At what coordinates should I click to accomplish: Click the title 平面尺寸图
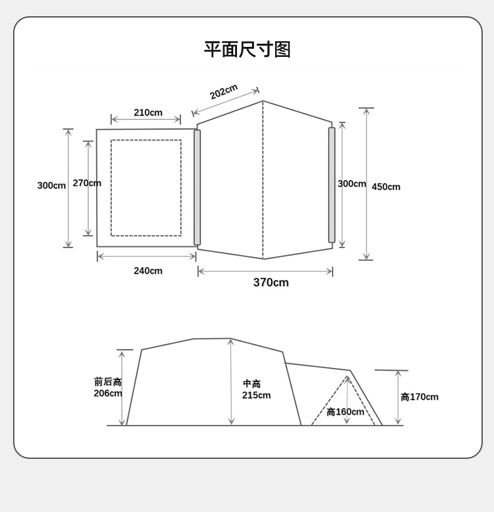pos(247,49)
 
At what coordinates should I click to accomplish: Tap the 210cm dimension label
pos(148,113)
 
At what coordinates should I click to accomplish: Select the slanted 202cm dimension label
pos(223,92)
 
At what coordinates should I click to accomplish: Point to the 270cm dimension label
pos(87,183)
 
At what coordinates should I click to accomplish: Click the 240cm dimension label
pos(148,271)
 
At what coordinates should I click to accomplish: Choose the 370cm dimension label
pos(271,283)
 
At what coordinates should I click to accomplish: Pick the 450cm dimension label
pos(386,187)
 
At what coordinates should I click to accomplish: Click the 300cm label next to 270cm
pos(51,186)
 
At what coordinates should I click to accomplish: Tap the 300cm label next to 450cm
pos(351,184)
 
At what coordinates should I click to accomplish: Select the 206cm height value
pos(108,393)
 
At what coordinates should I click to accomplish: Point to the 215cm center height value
pos(256,395)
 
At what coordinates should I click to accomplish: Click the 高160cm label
pos(345,412)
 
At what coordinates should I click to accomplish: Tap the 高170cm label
pos(420,397)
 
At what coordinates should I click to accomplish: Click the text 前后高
pos(108,381)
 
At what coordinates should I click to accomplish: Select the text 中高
pos(252,384)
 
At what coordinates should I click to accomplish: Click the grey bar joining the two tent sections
pos(197,188)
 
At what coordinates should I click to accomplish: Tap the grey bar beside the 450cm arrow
pos(331,185)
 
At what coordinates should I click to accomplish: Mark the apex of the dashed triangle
pos(347,376)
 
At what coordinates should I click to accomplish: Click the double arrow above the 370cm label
pos(265,271)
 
